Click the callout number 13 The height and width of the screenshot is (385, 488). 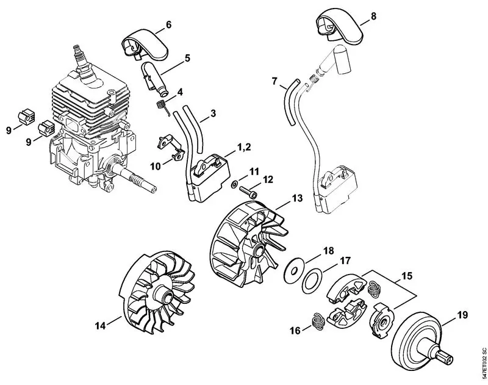[297, 198]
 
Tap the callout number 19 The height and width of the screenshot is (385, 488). [462, 315]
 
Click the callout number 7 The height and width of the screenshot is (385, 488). [275, 81]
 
